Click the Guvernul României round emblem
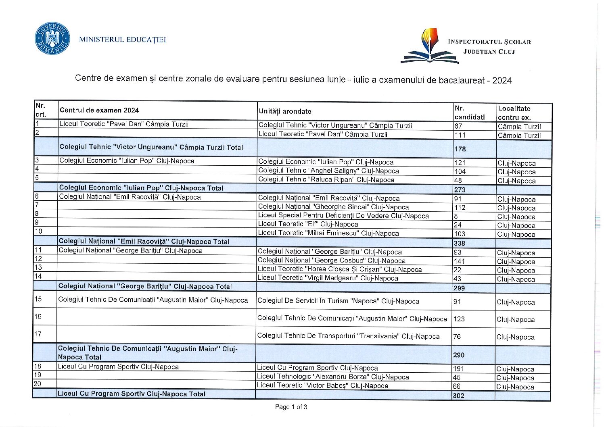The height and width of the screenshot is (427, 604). click(x=52, y=39)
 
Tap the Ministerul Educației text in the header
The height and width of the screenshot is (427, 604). click(x=122, y=40)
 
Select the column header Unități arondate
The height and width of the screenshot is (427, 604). click(x=285, y=111)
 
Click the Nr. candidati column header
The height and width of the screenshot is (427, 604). click(x=469, y=112)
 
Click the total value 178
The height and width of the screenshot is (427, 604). click(x=460, y=149)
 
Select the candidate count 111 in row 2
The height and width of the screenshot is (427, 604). click(x=460, y=135)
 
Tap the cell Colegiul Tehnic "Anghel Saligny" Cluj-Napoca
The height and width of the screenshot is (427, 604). click(x=328, y=171)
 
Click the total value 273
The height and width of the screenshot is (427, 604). click(x=460, y=190)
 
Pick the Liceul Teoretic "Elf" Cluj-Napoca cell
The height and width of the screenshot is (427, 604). click(x=308, y=224)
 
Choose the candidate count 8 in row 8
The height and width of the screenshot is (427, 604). click(x=456, y=217)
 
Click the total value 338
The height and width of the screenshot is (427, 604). click(x=460, y=243)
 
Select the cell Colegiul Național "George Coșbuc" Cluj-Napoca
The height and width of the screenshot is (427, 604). click(x=331, y=260)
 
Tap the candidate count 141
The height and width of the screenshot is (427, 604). click(x=460, y=261)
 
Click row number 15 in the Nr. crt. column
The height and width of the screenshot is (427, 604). click(x=38, y=299)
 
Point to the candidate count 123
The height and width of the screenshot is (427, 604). click(x=459, y=319)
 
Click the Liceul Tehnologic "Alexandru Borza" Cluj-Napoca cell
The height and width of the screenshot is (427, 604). click(x=333, y=377)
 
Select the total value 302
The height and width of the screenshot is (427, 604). click(x=458, y=396)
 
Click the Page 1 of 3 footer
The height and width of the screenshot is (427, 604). click(x=291, y=407)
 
